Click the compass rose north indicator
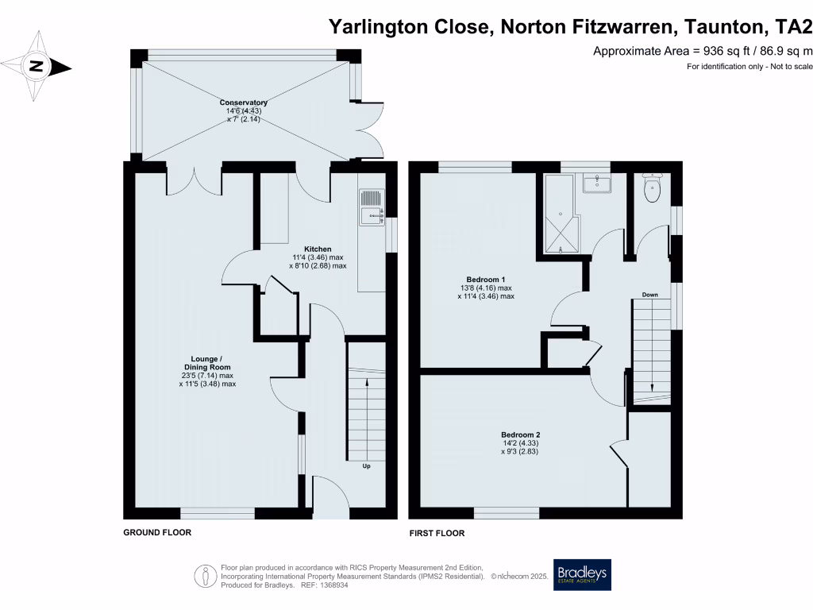click(x=37, y=67)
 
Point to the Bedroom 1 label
click(x=486, y=280)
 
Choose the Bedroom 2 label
click(x=520, y=434)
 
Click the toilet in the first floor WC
click(x=653, y=189)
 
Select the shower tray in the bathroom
click(x=561, y=223)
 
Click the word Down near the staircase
click(x=649, y=295)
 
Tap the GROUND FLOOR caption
click(x=157, y=533)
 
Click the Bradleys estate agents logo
click(x=583, y=574)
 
